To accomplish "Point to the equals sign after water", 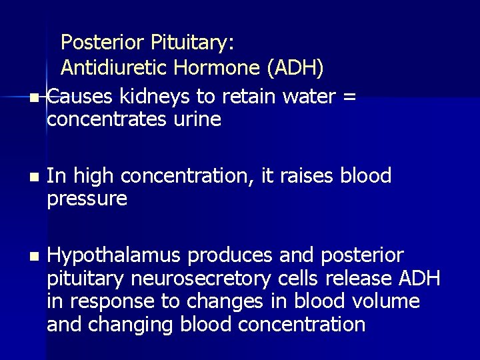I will pos(348,97).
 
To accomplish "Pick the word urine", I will pos(198,120).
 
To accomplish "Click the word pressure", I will pos(87,199).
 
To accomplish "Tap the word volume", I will pos(387,301).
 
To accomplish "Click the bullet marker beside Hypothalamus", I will pos(35,256).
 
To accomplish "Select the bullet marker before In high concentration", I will pos(35,177).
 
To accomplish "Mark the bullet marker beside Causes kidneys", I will pos(35,98).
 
